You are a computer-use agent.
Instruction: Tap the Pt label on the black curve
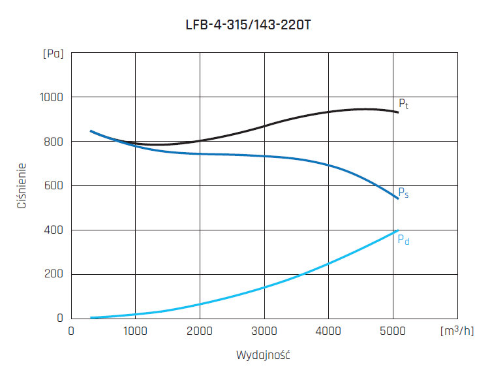tap(403, 104)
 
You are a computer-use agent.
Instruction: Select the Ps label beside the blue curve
tap(403, 193)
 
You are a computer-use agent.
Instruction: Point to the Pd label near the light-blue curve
tap(404, 240)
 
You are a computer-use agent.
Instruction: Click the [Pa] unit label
tap(53, 54)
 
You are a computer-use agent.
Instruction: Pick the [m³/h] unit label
tap(456, 332)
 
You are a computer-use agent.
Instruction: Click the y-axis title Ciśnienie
tap(22, 186)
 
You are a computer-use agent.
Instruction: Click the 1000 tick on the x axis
tap(136, 332)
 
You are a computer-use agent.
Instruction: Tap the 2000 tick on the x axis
tap(200, 332)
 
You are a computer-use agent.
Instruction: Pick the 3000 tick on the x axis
tap(264, 332)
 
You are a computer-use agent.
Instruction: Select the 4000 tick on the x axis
tap(328, 332)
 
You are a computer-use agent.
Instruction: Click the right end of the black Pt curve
tap(397, 112)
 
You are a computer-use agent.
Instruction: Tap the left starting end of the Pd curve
tap(91, 318)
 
